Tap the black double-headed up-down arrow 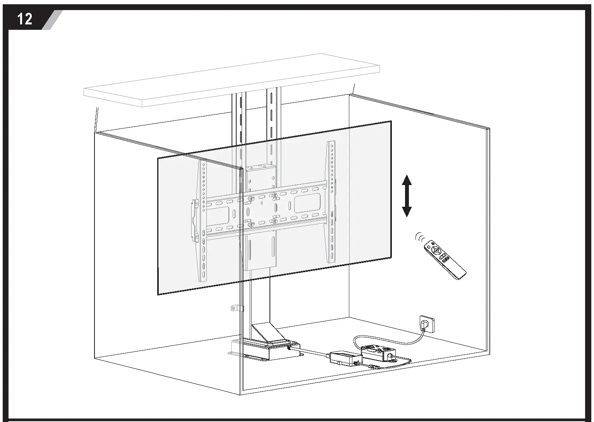(406, 196)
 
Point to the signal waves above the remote (420, 237)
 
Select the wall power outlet (426, 324)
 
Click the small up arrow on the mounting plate (262, 202)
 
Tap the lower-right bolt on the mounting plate (274, 221)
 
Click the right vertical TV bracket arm (331, 201)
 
